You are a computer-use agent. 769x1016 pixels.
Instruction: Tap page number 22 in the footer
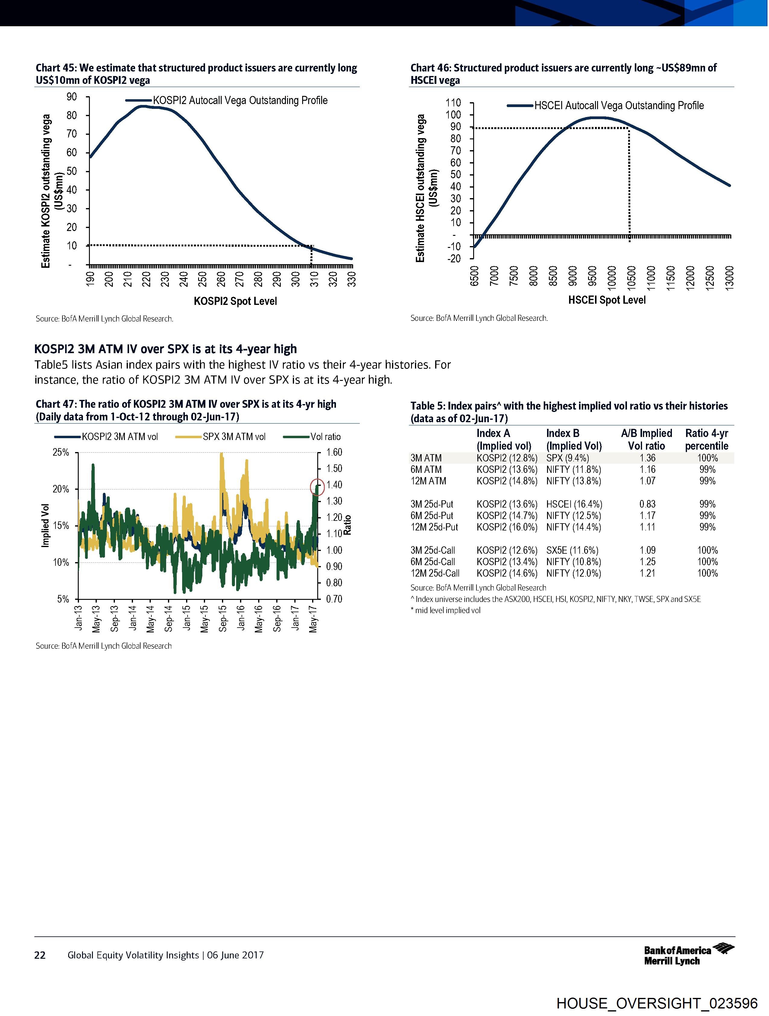coord(40,955)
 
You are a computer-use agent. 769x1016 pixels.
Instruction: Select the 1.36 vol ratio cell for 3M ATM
coord(647,458)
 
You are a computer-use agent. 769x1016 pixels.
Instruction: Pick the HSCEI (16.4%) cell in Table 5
coord(574,504)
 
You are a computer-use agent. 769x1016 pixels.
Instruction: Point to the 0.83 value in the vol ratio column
coord(647,504)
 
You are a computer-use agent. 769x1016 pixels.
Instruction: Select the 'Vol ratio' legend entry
coord(312,436)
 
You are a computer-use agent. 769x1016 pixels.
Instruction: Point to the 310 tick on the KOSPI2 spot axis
coord(314,278)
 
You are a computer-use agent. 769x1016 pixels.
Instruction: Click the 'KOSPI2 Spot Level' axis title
coord(235,301)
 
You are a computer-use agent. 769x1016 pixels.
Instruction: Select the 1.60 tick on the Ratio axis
coord(334,452)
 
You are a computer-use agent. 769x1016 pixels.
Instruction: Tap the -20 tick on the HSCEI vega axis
coord(454,258)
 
